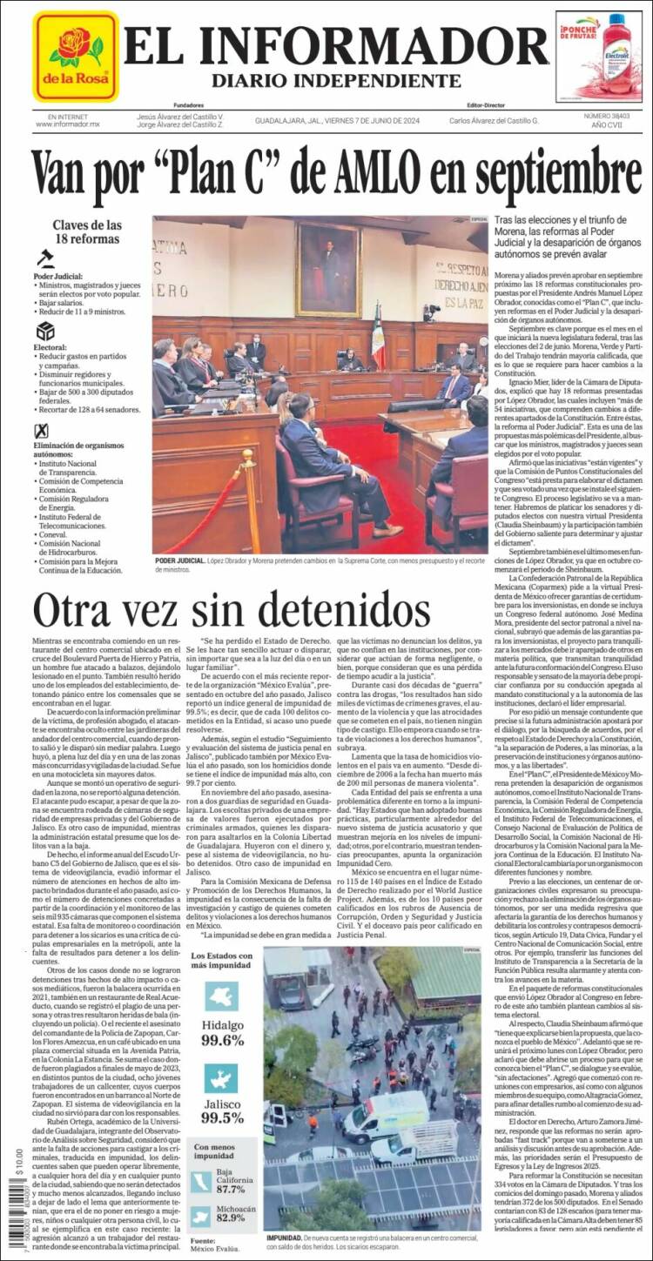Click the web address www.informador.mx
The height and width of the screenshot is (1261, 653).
coord(68,124)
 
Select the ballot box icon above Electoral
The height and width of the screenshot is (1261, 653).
coord(44,332)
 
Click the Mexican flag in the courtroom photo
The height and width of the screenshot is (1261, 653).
coord(378,337)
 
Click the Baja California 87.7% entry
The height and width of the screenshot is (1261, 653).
coord(230,1183)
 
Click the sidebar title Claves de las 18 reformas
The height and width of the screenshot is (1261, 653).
coord(86,231)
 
